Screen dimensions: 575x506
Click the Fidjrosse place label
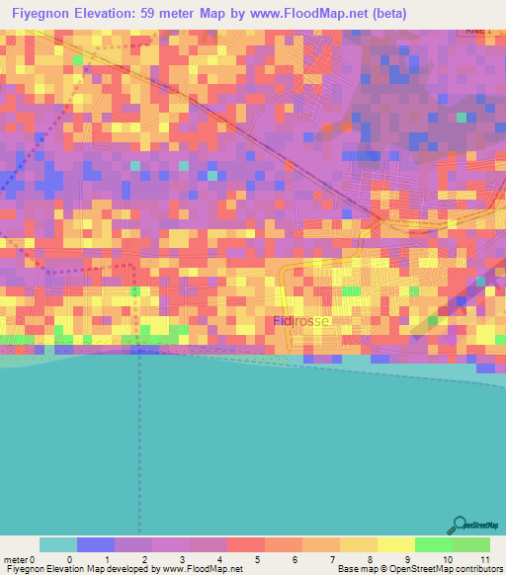300,322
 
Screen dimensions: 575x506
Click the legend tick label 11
484,559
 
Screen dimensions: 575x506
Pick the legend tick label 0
69,559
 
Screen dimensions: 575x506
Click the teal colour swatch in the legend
57,544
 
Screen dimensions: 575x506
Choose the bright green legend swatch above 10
433,544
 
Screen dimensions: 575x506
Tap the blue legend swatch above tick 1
95,544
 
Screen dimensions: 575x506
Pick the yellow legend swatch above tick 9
395,544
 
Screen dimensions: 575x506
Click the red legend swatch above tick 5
245,544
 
